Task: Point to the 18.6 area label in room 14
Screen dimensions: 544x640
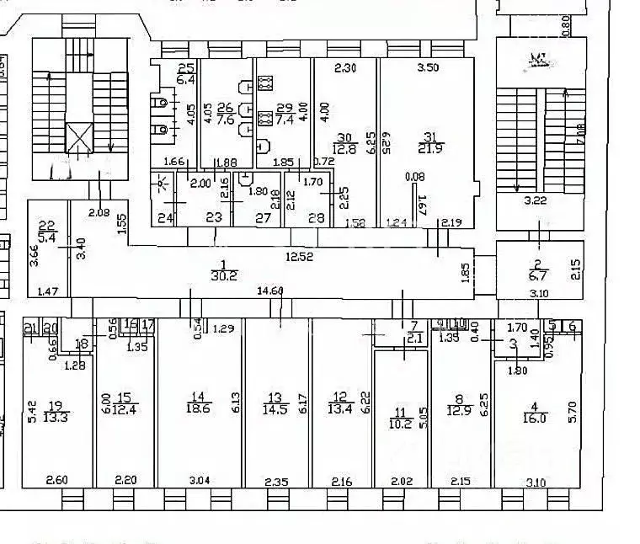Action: pos(199,408)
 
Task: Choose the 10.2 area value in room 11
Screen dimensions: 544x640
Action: pos(401,425)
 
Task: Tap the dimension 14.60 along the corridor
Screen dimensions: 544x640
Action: pos(269,291)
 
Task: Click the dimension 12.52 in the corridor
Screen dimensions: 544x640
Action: pos(299,257)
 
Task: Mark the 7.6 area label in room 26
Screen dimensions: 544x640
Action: pos(225,119)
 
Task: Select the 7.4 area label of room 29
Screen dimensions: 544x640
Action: pos(284,120)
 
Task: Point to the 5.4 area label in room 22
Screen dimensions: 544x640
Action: pos(47,238)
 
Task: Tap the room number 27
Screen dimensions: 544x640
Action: pos(264,217)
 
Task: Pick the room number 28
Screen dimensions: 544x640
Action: pos(317,217)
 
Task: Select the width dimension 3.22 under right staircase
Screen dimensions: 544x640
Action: pos(536,200)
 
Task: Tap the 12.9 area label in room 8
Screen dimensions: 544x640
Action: pos(459,412)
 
